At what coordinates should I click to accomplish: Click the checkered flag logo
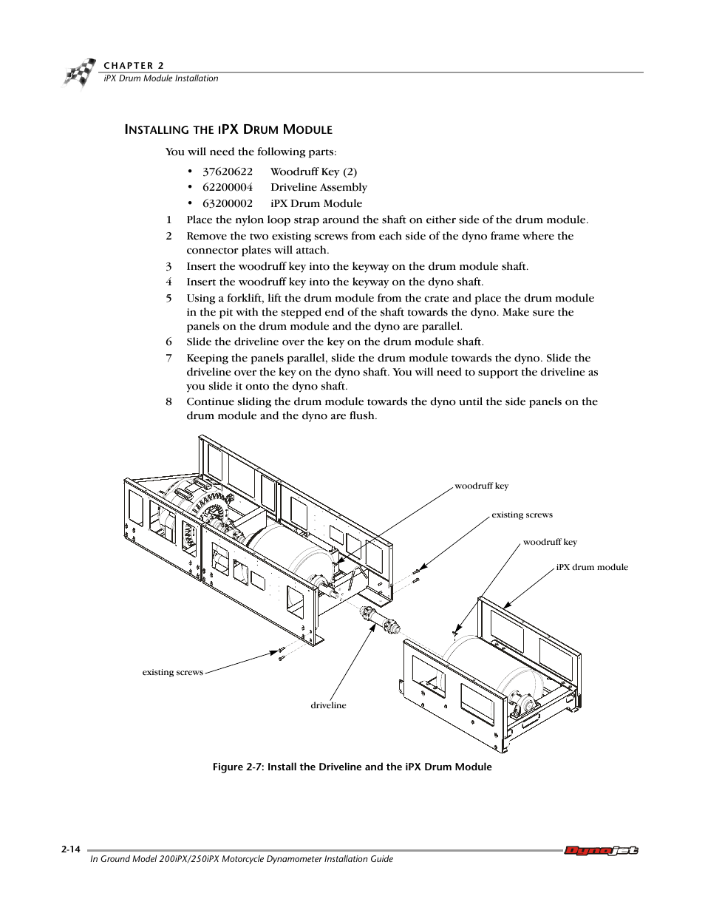click(x=79, y=72)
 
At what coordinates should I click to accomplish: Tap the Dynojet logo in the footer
click(x=601, y=850)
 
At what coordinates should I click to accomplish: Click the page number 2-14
click(x=71, y=849)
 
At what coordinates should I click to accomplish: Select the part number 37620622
click(x=228, y=172)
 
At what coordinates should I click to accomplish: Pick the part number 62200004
click(x=228, y=187)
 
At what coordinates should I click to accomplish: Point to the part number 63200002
click(x=228, y=203)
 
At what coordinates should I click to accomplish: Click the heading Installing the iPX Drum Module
click(x=228, y=129)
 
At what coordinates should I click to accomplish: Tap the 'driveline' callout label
click(x=328, y=705)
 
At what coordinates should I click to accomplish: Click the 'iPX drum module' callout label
click(x=592, y=567)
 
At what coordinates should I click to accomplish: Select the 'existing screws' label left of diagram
click(x=172, y=672)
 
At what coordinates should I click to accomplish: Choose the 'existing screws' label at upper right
click(x=522, y=515)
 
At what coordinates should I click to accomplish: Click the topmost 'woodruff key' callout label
click(x=481, y=486)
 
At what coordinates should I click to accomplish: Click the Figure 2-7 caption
click(x=352, y=767)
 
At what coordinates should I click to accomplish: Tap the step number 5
click(x=168, y=298)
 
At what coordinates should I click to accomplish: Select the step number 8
click(x=168, y=401)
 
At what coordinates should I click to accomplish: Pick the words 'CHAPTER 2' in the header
click(x=134, y=65)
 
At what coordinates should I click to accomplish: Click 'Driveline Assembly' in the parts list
click(x=319, y=187)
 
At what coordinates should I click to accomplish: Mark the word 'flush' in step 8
click(x=361, y=415)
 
